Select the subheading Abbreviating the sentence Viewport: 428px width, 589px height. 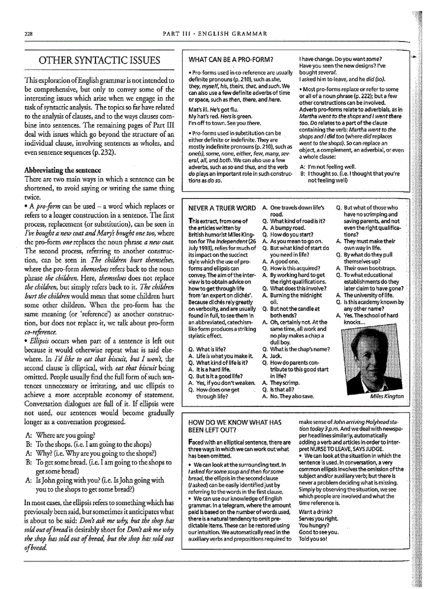(62, 171)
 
